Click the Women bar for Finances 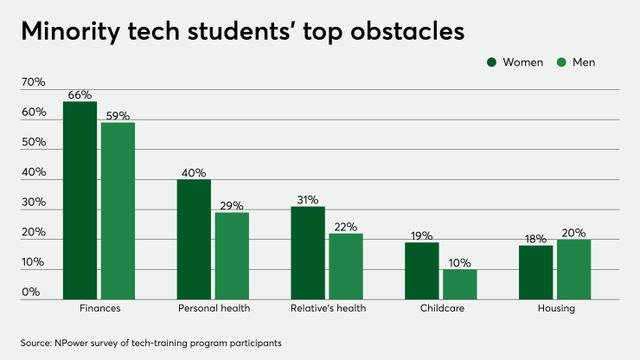tap(80, 200)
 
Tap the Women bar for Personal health tap(194, 239)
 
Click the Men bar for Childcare tap(460, 284)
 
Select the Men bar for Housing tap(574, 269)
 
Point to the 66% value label tap(80, 95)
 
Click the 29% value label tap(232, 206)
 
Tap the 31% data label tap(308, 200)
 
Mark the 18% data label tap(536, 239)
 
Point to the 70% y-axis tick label tap(33, 82)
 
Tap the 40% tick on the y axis tap(33, 172)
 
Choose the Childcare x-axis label tap(441, 308)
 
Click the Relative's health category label tap(327, 308)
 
